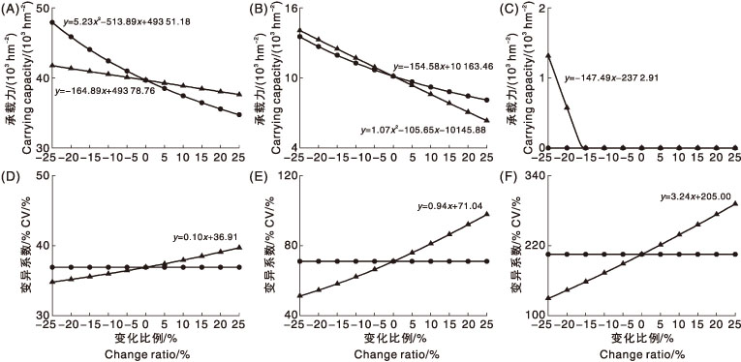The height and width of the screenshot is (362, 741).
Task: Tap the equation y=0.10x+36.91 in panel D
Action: tap(207, 237)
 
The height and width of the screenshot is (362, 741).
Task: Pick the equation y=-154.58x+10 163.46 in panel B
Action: tap(444, 67)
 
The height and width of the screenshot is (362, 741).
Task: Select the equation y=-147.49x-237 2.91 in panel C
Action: tap(608, 77)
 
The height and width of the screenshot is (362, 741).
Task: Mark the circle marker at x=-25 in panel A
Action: tap(52, 22)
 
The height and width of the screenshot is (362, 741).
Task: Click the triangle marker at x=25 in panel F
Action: tap(735, 203)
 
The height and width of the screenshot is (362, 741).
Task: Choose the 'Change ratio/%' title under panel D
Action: tap(145, 354)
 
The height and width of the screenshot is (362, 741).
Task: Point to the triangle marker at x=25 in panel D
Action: tap(239, 247)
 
